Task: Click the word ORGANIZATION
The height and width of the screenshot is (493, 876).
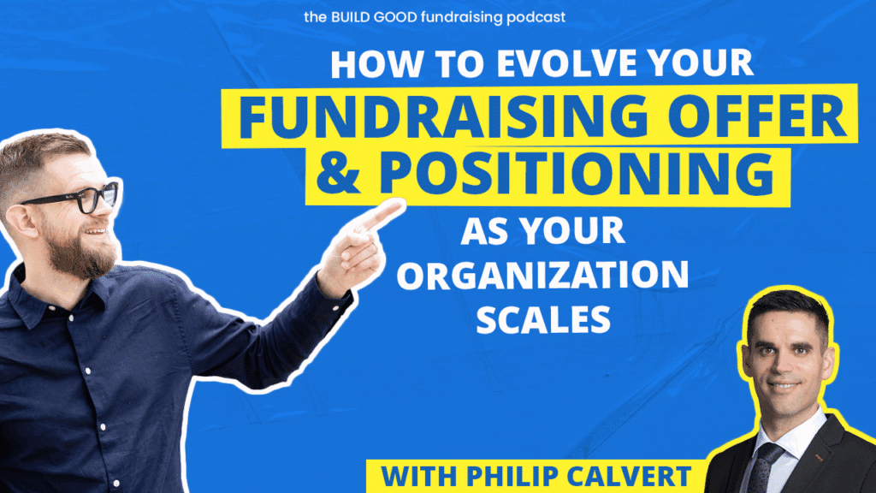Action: (x=542, y=275)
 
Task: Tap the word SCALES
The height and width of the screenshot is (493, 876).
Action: (x=543, y=319)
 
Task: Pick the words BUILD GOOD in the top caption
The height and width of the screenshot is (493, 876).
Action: (x=375, y=17)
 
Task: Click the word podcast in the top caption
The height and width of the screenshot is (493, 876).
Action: (x=536, y=17)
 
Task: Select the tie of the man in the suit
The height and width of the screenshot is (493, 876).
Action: (x=762, y=466)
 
